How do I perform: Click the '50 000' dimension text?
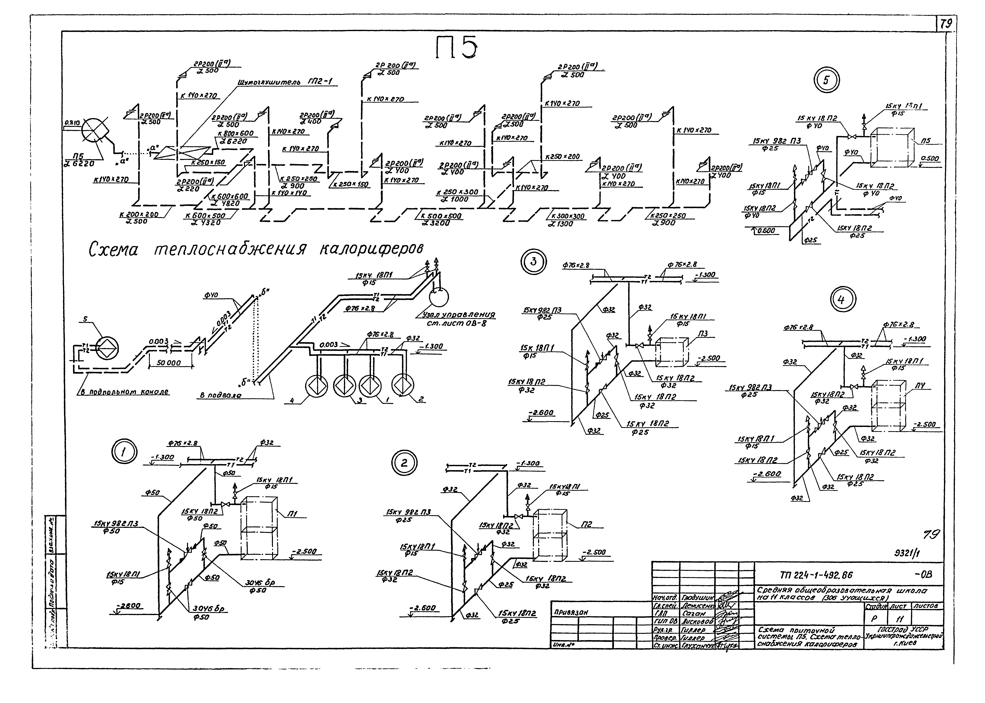tap(169, 363)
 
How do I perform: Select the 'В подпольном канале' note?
tap(126, 392)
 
